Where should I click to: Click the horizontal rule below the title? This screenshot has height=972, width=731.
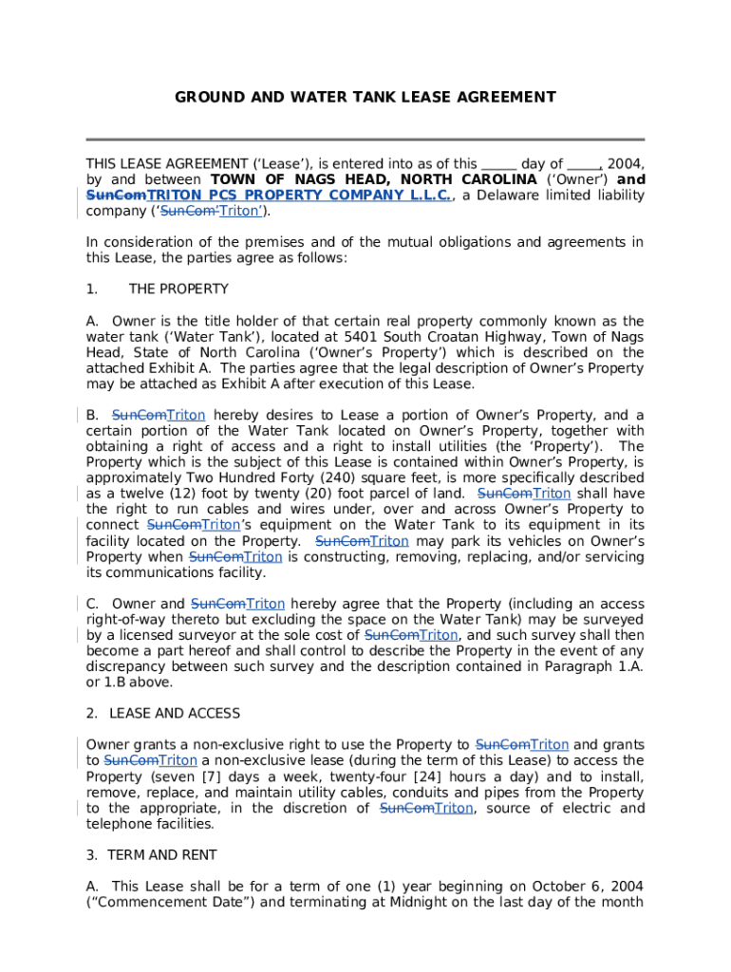point(365,140)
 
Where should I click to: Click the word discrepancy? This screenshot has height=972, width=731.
point(125,666)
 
